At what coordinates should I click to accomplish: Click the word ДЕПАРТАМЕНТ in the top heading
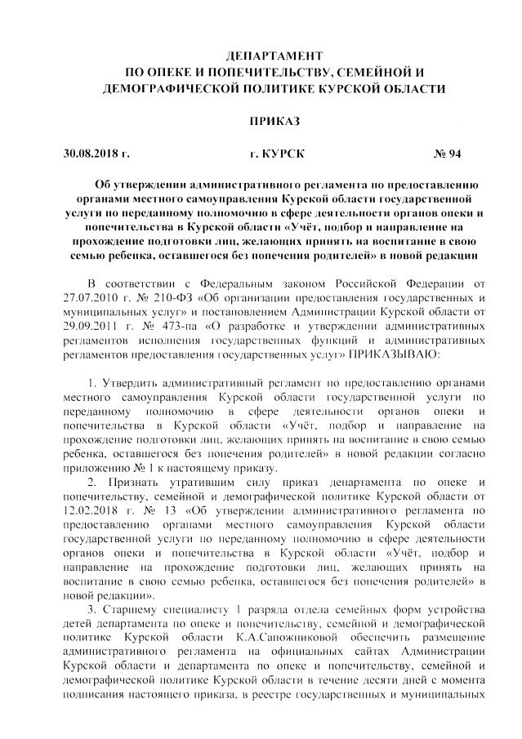[x=274, y=56]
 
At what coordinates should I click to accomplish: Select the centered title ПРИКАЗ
[x=274, y=121]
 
